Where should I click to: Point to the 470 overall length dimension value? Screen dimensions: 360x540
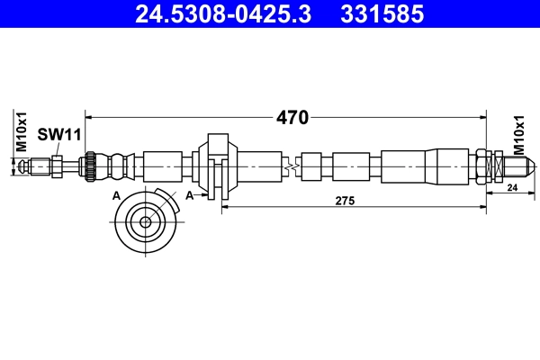[292, 117]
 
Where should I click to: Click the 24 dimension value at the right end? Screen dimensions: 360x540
[510, 188]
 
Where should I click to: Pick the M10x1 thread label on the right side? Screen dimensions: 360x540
[520, 135]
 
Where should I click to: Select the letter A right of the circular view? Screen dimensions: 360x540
[189, 195]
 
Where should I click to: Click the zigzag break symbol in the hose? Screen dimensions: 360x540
[289, 166]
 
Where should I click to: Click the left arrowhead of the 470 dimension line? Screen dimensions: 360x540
[90, 117]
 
